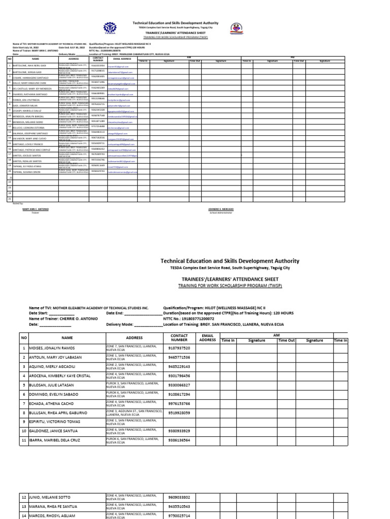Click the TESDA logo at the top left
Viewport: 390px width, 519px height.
pos(110,27)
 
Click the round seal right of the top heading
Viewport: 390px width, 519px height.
pos(236,28)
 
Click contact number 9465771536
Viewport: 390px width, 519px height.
pos(179,357)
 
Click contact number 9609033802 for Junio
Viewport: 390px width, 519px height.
pos(179,497)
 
